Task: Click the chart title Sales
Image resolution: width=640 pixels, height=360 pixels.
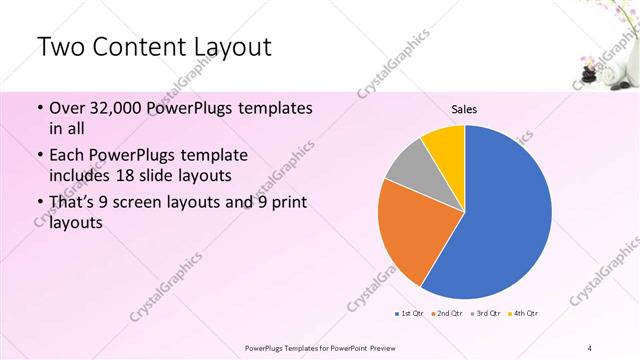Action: click(x=464, y=109)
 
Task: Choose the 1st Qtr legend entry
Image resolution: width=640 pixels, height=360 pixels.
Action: click(x=410, y=314)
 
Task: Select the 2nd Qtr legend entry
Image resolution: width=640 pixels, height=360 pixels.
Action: click(x=446, y=314)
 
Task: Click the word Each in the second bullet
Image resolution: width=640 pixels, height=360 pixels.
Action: click(x=66, y=156)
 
